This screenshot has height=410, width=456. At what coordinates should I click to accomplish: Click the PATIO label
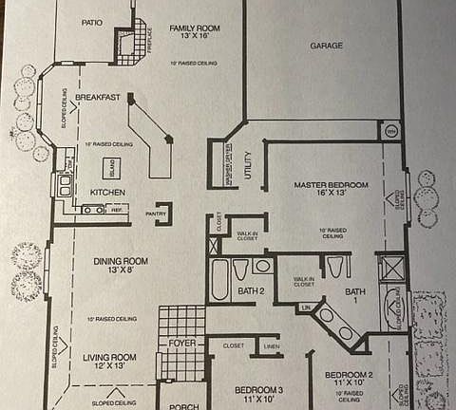point(91,22)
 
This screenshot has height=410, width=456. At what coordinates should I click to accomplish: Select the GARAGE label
point(326,45)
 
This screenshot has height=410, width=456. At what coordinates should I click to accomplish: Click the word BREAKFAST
point(97,97)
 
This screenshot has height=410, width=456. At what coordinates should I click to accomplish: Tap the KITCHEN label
point(108,193)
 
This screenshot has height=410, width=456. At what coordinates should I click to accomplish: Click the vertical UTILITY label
point(248,156)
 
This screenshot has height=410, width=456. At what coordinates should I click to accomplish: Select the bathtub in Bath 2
point(219,279)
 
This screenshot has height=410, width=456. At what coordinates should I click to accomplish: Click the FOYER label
point(182,344)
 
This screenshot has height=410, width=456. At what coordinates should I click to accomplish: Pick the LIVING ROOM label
point(110,357)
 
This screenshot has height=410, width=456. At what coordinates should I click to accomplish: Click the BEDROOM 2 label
point(349,375)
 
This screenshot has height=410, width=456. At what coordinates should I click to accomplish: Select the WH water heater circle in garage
point(390,131)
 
